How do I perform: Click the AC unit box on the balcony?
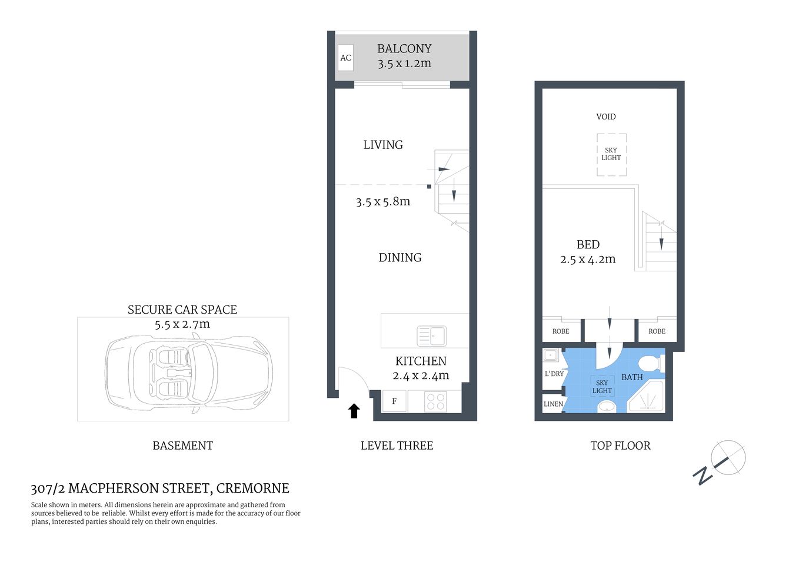pyautogui.click(x=345, y=58)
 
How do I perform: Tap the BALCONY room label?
pyautogui.click(x=404, y=49)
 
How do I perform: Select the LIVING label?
pyautogui.click(x=383, y=145)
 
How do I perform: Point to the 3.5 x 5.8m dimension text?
pyautogui.click(x=383, y=202)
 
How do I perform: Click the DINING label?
pyautogui.click(x=400, y=258)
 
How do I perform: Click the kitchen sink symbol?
pyautogui.click(x=431, y=336)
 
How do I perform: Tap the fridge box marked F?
pyautogui.click(x=394, y=401)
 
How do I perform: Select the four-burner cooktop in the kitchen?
pyautogui.click(x=435, y=401)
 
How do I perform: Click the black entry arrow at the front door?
pyautogui.click(x=354, y=411)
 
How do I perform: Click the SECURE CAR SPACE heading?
pyautogui.click(x=182, y=310)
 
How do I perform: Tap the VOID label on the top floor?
pyautogui.click(x=606, y=117)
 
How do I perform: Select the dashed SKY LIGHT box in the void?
pyautogui.click(x=611, y=154)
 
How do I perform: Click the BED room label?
pyautogui.click(x=588, y=245)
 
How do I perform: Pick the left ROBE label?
pyautogui.click(x=561, y=331)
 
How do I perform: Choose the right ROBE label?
pyautogui.click(x=657, y=331)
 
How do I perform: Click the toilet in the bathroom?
pyautogui.click(x=652, y=363)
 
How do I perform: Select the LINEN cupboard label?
pyautogui.click(x=553, y=404)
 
